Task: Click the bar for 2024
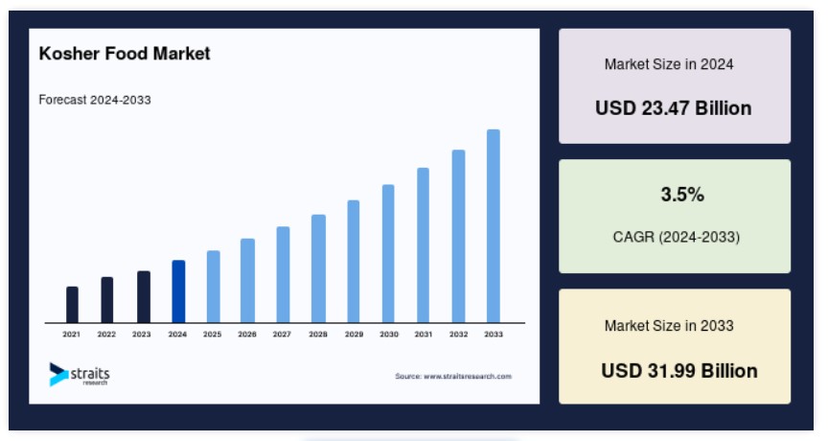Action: pos(178,291)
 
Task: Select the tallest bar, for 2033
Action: pos(494,226)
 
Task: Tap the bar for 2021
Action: pos(72,305)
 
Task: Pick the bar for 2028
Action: pos(318,268)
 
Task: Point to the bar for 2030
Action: pos(388,253)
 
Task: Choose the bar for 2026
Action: pos(247,281)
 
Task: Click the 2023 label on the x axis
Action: pos(142,335)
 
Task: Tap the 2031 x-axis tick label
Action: pos(424,335)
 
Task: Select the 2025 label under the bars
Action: pos(213,335)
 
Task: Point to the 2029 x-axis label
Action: pos(354,335)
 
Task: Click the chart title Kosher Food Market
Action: pos(125,54)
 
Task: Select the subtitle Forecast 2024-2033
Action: pos(95,100)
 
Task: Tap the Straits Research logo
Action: pos(80,375)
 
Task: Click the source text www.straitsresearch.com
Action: pos(468,377)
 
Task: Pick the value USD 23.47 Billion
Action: pos(674,108)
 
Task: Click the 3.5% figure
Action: pos(682,195)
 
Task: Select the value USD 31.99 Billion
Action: pos(679,371)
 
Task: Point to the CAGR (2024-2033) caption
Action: pos(676,237)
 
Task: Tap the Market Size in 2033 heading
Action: pos(669,326)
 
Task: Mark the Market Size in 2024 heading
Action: pos(669,64)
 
